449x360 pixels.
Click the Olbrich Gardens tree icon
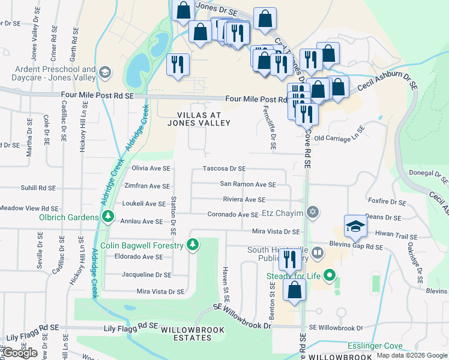click(108, 217)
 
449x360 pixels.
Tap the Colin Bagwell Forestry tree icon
click(192, 244)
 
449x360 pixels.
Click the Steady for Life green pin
click(329, 276)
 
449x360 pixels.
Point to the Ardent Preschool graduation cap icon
click(106, 73)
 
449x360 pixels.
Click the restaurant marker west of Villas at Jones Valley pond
click(178, 65)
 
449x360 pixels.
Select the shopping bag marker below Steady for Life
click(294, 290)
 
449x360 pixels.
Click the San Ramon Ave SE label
click(248, 185)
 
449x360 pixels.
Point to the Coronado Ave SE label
click(233, 214)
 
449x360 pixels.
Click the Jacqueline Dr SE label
click(146, 275)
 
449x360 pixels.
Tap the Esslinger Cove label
click(374, 347)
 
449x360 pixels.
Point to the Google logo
click(20, 353)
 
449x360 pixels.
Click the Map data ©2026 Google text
click(411, 355)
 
